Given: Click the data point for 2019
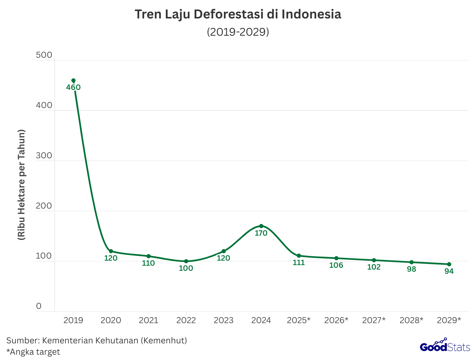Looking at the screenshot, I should (74, 80).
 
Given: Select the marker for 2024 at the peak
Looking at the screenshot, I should (261, 226).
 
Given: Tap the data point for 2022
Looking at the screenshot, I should (186, 261).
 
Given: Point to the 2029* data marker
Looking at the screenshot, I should (449, 264).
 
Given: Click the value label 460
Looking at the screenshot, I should (73, 87).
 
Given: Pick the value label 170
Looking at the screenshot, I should (261, 233).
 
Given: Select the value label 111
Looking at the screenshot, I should (299, 263).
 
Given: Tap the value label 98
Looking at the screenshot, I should (411, 269).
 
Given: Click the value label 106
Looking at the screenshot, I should (336, 265).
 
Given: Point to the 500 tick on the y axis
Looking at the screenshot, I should (44, 55).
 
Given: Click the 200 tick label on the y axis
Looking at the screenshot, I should (44, 206).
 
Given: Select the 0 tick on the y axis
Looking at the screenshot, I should (39, 306).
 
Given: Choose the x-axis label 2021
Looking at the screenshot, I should (149, 320).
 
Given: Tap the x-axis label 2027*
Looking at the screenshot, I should (374, 320).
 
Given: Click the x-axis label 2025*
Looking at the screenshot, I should (299, 320).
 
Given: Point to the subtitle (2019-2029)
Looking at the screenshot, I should (238, 32).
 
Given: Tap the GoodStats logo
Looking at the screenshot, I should (445, 347).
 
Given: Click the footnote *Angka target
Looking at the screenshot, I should (33, 352).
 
